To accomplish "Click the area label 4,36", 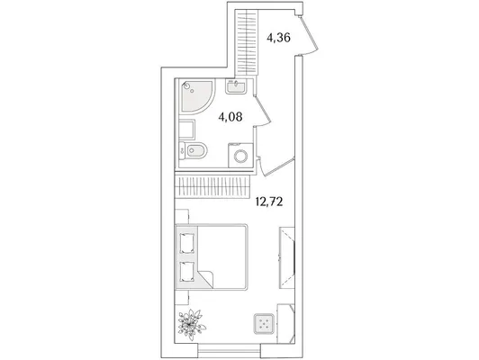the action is (278, 38).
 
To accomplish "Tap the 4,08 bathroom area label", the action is (230, 117).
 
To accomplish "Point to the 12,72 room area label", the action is (269, 202).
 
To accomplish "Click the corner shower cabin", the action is (197, 96).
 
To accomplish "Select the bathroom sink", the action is (236, 86).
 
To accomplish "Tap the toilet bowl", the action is (193, 150).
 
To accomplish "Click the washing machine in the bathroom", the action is (240, 156).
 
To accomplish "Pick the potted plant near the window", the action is (191, 325).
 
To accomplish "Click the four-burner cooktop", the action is (263, 324).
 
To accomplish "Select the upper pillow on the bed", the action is (186, 243).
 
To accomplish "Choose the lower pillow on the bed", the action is (186, 272).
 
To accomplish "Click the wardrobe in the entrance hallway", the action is (246, 42).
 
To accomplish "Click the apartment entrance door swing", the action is (308, 36).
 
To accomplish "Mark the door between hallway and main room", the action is (276, 166).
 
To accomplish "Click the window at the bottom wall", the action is (229, 350).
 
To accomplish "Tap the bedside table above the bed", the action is (182, 217).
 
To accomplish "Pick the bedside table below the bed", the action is (182, 297).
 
